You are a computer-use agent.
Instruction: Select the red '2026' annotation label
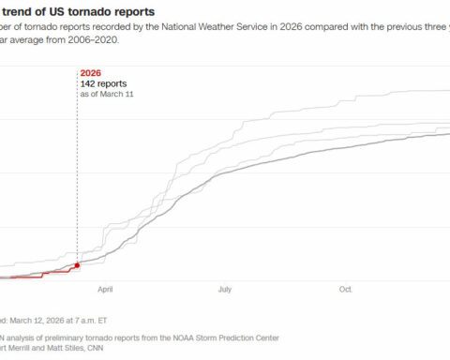click(x=92, y=71)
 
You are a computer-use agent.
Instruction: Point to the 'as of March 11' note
click(x=106, y=95)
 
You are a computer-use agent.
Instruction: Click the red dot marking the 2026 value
click(x=77, y=265)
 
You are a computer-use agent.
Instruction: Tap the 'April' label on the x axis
click(x=105, y=290)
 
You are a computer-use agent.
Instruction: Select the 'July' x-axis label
click(x=226, y=290)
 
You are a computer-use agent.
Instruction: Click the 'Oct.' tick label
click(x=346, y=290)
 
